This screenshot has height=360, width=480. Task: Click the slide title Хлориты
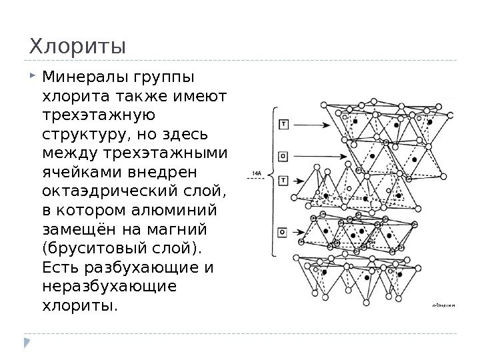76,47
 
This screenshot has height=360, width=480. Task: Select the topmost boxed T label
284,125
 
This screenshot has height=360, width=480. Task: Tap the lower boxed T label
284,180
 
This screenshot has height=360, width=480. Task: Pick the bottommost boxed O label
284,233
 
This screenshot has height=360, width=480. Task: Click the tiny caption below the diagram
444,305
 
